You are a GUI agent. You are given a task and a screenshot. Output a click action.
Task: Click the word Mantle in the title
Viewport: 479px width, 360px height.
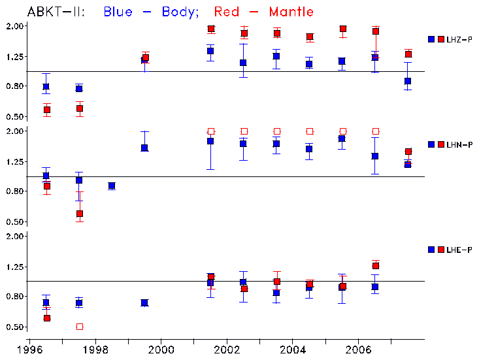[288, 12]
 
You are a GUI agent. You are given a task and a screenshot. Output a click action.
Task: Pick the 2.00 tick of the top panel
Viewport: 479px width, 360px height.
[15, 26]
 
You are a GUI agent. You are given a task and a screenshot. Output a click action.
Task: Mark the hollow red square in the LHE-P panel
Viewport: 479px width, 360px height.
[80, 327]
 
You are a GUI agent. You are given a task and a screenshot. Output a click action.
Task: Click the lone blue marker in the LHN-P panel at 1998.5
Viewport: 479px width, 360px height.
[112, 186]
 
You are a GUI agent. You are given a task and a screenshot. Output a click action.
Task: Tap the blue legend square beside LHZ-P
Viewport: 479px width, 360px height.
[431, 40]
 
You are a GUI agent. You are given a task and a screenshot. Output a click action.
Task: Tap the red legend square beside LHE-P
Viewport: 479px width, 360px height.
[440, 250]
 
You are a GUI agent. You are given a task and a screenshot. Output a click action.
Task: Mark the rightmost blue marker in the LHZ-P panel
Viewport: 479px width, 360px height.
[408, 81]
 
